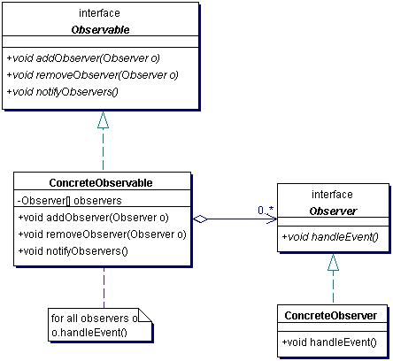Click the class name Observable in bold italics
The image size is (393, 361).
[x=100, y=30]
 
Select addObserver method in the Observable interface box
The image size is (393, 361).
[x=83, y=58]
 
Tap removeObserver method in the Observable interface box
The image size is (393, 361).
[x=93, y=75]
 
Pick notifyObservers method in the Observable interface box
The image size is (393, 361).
[x=63, y=92]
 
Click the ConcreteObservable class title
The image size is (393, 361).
[x=101, y=183]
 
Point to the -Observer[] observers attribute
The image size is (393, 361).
[x=70, y=201]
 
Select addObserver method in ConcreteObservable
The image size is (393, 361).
[x=94, y=218]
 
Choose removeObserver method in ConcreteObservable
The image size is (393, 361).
[x=103, y=234]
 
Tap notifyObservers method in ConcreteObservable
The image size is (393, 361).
[x=73, y=251]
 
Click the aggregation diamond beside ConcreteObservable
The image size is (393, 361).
[x=200, y=219]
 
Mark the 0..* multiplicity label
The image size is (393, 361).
[x=266, y=211]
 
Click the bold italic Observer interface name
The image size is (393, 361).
[x=333, y=211]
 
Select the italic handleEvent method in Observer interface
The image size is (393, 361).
[x=330, y=237]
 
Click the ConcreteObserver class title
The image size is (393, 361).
[x=331, y=316]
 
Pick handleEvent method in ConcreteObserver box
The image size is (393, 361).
[x=329, y=342]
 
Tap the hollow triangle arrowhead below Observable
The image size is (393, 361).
[x=103, y=120]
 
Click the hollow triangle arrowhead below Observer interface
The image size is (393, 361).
[x=333, y=263]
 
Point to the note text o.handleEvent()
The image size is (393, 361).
[x=89, y=333]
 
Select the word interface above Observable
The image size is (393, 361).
[x=99, y=13]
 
